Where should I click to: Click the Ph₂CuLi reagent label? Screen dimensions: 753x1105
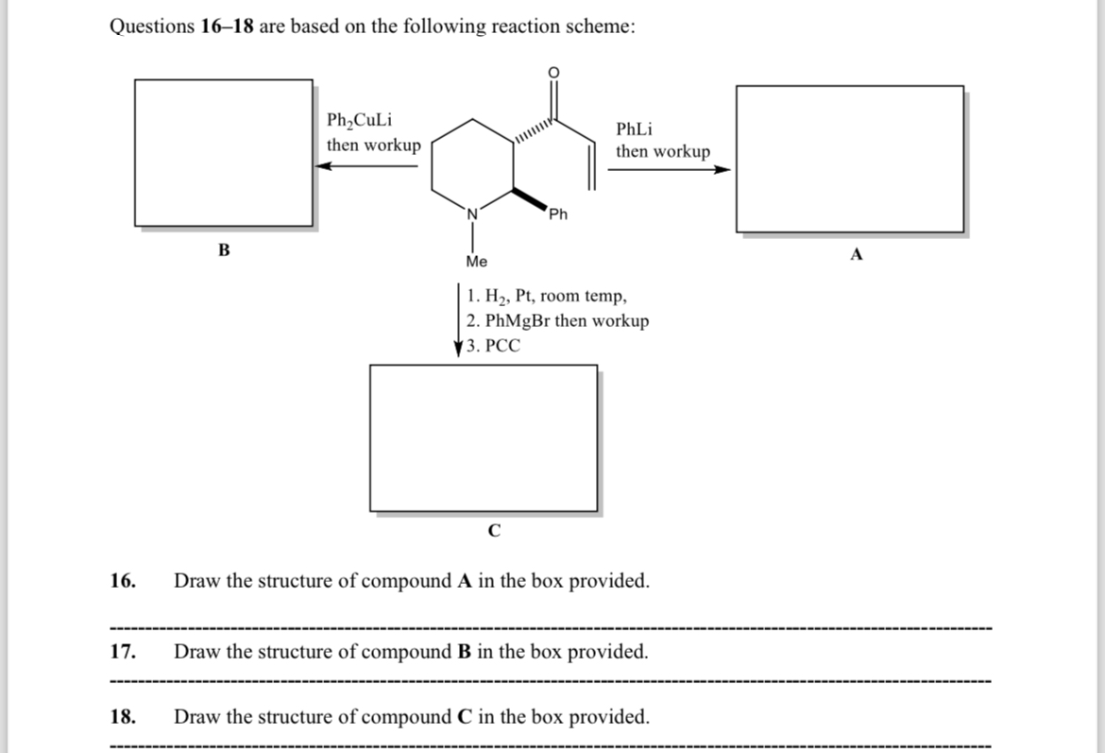[360, 121]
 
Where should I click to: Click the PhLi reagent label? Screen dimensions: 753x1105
[634, 128]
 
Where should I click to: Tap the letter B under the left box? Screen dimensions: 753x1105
[224, 250]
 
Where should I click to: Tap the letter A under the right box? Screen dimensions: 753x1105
[857, 254]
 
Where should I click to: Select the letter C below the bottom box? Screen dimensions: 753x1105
[493, 531]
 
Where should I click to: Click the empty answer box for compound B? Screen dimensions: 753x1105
[224, 152]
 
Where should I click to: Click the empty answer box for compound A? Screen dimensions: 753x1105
[849, 158]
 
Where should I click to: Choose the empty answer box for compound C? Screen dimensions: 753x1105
[483, 437]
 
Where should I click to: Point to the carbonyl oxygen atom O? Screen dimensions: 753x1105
[554, 73]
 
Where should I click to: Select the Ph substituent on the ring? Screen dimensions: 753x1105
[558, 214]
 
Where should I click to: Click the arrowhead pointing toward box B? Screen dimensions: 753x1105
[322, 166]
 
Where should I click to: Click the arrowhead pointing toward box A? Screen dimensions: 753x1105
[722, 170]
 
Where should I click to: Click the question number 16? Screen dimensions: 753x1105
[123, 580]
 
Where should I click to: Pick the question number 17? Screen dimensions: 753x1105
[123, 652]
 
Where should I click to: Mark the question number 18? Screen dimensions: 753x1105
[123, 717]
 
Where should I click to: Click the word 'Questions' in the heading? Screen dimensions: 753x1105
[152, 26]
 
